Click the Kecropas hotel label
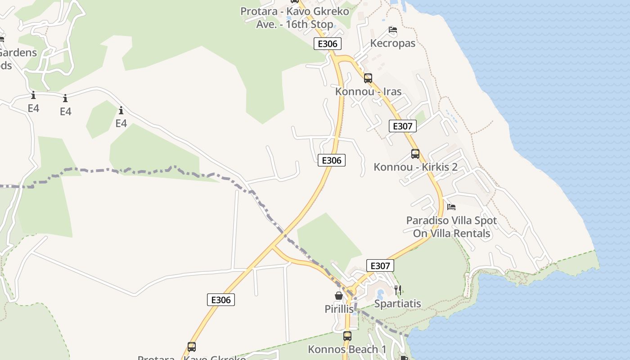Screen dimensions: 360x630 click(392, 43)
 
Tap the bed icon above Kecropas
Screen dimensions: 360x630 click(393, 30)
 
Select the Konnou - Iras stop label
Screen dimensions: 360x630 click(368, 91)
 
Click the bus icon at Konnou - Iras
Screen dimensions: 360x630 click(368, 78)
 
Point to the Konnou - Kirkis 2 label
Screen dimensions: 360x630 click(415, 167)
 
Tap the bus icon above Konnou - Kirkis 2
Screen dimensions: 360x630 click(415, 154)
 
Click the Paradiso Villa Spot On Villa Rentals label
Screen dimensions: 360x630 click(451, 227)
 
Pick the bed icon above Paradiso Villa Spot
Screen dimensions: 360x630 click(451, 207)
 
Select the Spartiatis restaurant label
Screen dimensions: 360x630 click(398, 303)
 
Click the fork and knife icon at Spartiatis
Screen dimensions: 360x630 click(397, 290)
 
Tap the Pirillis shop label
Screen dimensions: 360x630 click(339, 309)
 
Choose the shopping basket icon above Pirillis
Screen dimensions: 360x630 click(339, 296)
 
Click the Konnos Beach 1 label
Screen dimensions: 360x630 click(347, 349)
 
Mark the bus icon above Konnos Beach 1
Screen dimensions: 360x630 click(347, 336)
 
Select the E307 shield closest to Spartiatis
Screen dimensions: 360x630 click(380, 265)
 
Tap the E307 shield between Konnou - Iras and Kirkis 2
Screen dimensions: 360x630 click(402, 126)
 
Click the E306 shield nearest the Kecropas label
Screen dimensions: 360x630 click(328, 44)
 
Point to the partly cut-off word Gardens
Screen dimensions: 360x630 click(18, 53)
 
